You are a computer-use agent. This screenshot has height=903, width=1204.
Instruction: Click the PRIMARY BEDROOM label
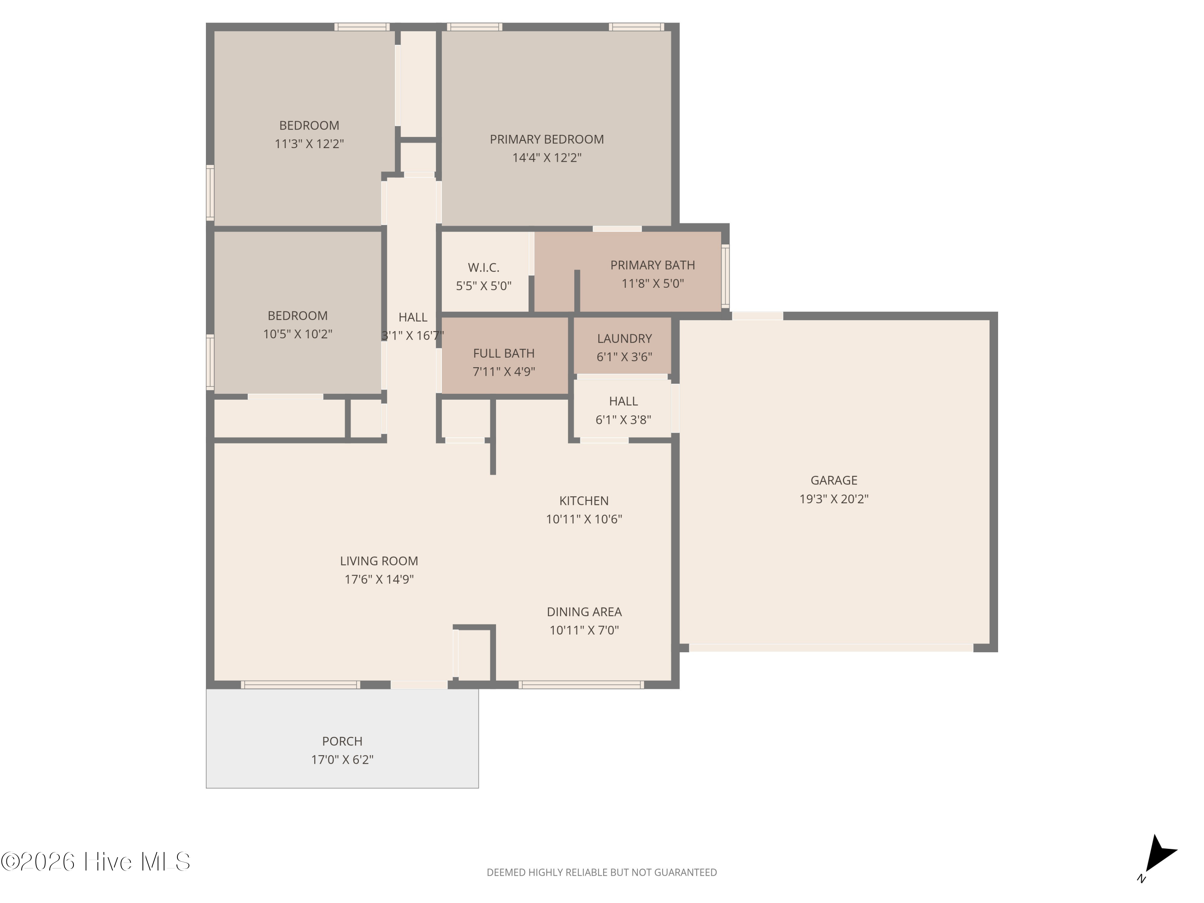(547, 139)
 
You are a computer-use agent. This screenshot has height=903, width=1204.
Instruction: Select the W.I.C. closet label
(483, 268)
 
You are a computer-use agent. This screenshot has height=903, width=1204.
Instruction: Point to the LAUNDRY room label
(624, 339)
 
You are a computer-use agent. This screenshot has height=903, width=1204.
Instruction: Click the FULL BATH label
(504, 353)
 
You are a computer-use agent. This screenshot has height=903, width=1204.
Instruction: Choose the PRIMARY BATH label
(653, 265)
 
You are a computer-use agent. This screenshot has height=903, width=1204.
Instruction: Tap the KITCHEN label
(584, 501)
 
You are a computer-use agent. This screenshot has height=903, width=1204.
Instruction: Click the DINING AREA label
(584, 612)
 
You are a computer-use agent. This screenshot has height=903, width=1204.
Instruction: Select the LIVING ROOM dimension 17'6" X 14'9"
(379, 579)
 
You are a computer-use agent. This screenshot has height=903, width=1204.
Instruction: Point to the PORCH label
(342, 741)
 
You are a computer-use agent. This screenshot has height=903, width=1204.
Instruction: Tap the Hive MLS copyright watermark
(96, 862)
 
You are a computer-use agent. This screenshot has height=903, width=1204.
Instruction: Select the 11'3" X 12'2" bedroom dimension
(309, 144)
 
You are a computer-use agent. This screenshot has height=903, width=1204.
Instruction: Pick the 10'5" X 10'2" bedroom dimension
(298, 334)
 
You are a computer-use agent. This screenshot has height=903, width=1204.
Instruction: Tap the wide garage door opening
(831, 648)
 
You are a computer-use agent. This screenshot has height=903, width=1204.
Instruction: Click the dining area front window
(581, 685)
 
